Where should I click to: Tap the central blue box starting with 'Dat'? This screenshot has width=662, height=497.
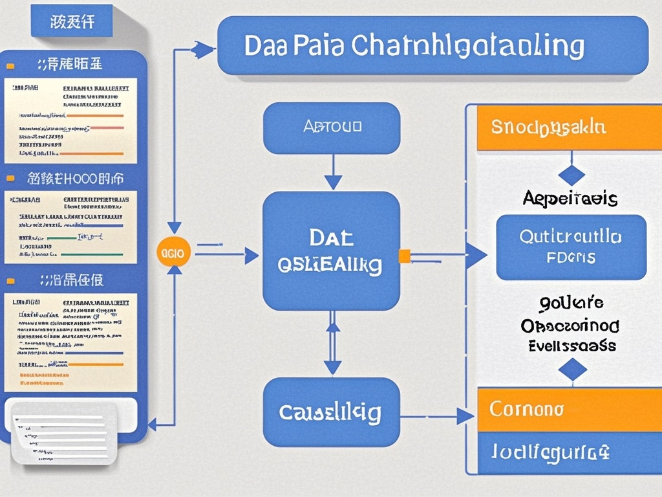click(x=332, y=251)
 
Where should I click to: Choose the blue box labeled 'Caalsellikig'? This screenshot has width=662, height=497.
click(x=332, y=412)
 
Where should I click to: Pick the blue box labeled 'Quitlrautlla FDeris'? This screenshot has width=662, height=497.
click(x=571, y=247)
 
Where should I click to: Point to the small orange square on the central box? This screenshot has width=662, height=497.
click(x=405, y=256)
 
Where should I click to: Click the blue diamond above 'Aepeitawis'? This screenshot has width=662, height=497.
click(x=571, y=175)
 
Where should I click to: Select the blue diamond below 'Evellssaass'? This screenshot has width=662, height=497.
click(x=572, y=370)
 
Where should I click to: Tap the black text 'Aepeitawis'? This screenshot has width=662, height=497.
click(x=570, y=198)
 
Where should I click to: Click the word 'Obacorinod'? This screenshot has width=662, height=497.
click(x=570, y=324)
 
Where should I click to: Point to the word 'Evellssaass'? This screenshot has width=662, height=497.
click(x=571, y=345)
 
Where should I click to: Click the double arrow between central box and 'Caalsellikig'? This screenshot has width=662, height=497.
click(x=332, y=344)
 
